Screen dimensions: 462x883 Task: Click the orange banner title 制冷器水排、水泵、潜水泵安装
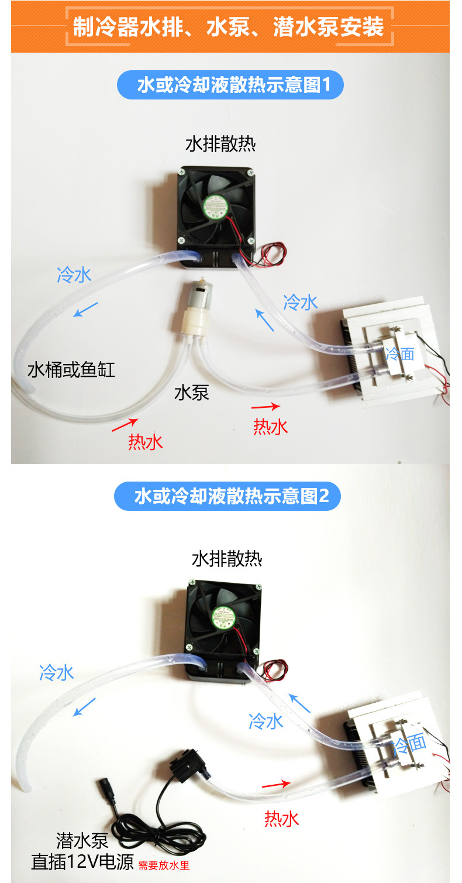tap(229, 27)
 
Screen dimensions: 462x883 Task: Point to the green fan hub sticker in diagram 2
tap(224, 617)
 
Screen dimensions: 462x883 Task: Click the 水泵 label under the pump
tap(192, 393)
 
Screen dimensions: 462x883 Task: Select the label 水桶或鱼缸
tap(71, 370)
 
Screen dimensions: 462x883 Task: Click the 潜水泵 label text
tap(82, 841)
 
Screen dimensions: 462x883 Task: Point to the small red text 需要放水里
tap(164, 865)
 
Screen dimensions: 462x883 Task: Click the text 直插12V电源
tap(82, 862)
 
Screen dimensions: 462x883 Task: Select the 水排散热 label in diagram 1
tap(220, 144)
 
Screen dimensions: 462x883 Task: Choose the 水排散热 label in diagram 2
tap(227, 559)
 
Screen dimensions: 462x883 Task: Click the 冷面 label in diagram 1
tap(400, 354)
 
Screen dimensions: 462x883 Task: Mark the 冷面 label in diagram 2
tap(409, 744)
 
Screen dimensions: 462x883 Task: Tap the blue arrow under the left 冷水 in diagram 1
tap(86, 310)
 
